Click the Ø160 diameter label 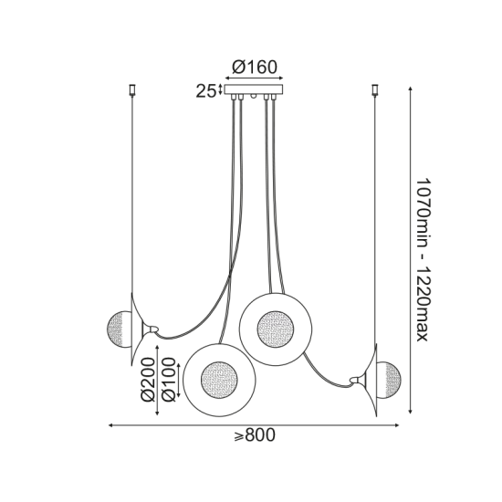(255, 67)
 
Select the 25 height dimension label (206, 90)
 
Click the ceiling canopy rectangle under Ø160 (255, 89)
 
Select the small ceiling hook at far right (375, 89)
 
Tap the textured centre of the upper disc (275, 327)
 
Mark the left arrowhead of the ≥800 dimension (111, 425)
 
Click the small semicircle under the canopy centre (255, 97)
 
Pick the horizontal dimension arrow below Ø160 (255, 78)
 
